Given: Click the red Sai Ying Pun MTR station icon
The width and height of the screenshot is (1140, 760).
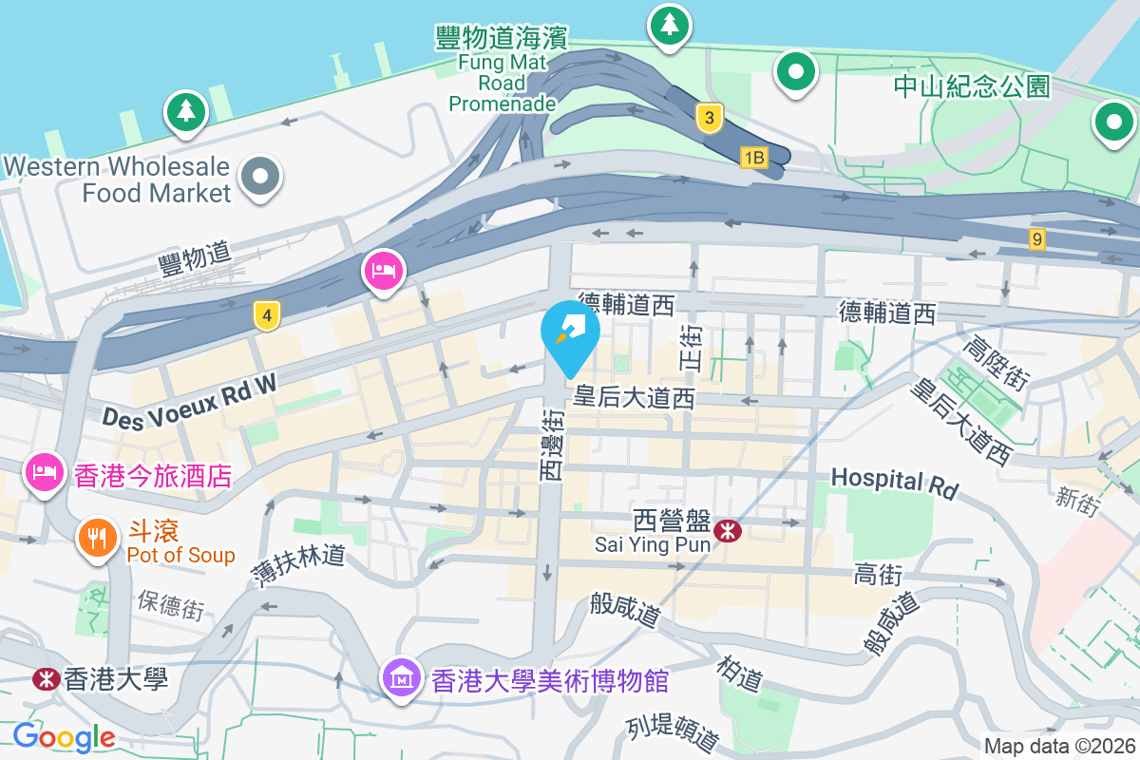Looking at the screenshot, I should point(729,531).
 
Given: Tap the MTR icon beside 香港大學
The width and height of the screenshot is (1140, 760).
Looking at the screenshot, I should point(44,679).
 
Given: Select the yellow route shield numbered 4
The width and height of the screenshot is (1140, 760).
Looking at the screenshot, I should point(268,315).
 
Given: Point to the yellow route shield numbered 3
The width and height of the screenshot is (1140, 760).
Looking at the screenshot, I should point(709,118).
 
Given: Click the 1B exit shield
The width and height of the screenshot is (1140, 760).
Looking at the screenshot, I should point(753,158).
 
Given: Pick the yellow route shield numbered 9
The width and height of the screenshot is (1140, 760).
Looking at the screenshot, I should point(1036,238).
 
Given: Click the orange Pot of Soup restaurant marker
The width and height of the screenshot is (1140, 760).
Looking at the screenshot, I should point(97,539).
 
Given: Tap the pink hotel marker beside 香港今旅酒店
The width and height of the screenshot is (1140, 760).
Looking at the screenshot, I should point(44,472).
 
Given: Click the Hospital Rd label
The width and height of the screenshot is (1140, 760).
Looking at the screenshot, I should point(894,483).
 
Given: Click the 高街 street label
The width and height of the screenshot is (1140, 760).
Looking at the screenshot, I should point(877,575).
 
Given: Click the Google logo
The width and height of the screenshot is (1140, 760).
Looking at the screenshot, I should point(65,736).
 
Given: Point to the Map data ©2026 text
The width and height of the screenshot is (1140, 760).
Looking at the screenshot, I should point(1058,746).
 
